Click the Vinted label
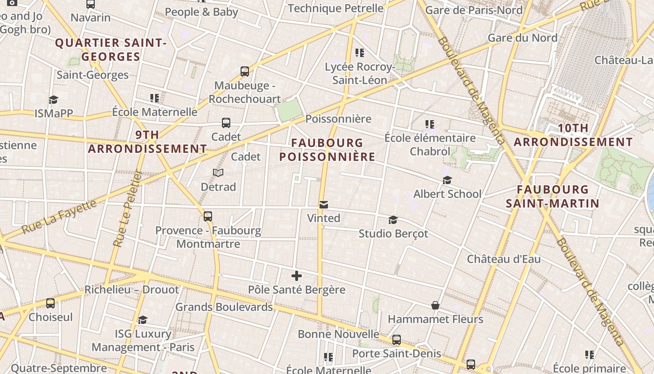pos(323,218)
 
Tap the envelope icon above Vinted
pos(323,205)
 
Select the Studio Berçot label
pos(393,233)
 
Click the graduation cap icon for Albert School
pos(447,180)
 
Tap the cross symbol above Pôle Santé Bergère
pos(296,276)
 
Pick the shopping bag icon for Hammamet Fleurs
pos(435,305)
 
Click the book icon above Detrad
pos(218,173)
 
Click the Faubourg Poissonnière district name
pos(327,150)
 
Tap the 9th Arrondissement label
pos(147,142)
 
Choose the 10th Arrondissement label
pos(573,135)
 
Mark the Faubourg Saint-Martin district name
pos(553,196)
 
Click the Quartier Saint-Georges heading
pos(111,50)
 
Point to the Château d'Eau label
pos(504,259)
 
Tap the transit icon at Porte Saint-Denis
pos(397,340)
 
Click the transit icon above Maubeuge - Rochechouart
pos(245,72)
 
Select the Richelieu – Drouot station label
pos(131,290)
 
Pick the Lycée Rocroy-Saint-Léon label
pos(360,73)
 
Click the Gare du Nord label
pos(522,37)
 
